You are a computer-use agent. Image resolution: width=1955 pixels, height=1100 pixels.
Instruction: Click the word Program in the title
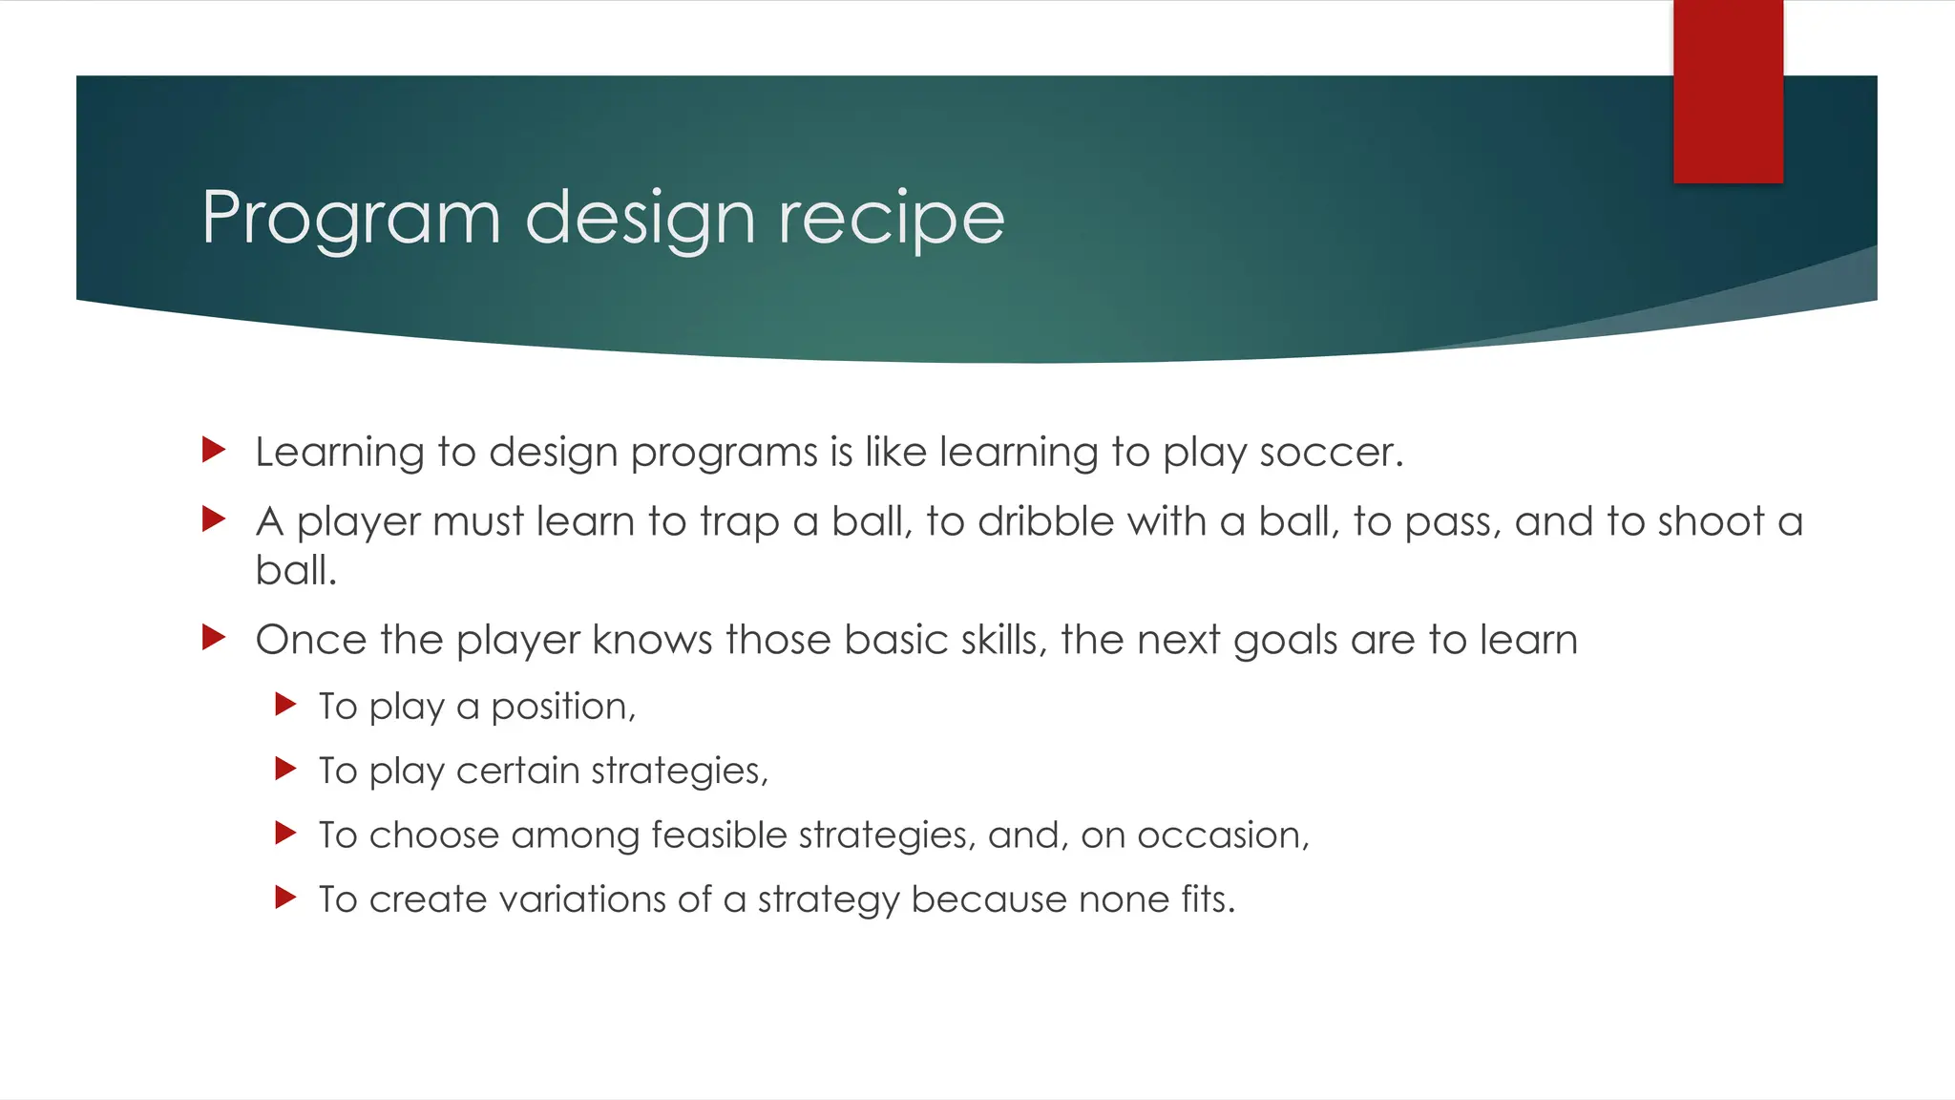(351, 220)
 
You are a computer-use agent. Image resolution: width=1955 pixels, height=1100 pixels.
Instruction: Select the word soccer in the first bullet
(1331, 453)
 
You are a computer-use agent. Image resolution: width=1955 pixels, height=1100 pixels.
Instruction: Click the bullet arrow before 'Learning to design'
(214, 450)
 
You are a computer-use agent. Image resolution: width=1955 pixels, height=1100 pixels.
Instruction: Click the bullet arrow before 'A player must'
(214, 519)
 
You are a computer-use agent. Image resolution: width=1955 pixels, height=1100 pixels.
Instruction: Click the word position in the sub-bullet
(562, 708)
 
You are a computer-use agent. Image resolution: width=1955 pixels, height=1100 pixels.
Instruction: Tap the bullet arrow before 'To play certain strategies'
(285, 769)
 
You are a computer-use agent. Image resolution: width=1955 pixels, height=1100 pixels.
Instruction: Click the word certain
(517, 771)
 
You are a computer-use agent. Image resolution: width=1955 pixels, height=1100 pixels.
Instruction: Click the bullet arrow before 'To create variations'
(285, 897)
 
